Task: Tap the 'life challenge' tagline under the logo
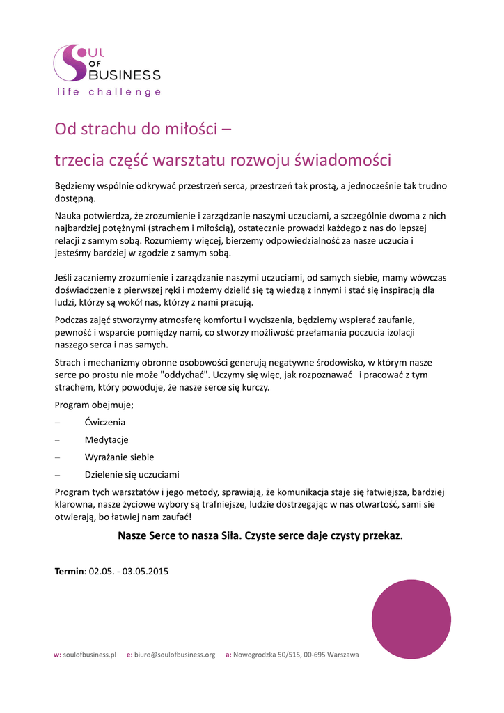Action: [x=109, y=92]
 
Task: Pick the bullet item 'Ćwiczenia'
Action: [x=105, y=422]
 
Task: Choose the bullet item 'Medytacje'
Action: [x=107, y=440]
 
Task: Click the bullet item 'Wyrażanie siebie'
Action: [x=120, y=457]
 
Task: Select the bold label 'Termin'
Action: [x=69, y=572]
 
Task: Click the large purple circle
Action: [x=411, y=619]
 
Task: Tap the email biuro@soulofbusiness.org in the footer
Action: [x=175, y=655]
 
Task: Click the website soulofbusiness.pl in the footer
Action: [x=89, y=655]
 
